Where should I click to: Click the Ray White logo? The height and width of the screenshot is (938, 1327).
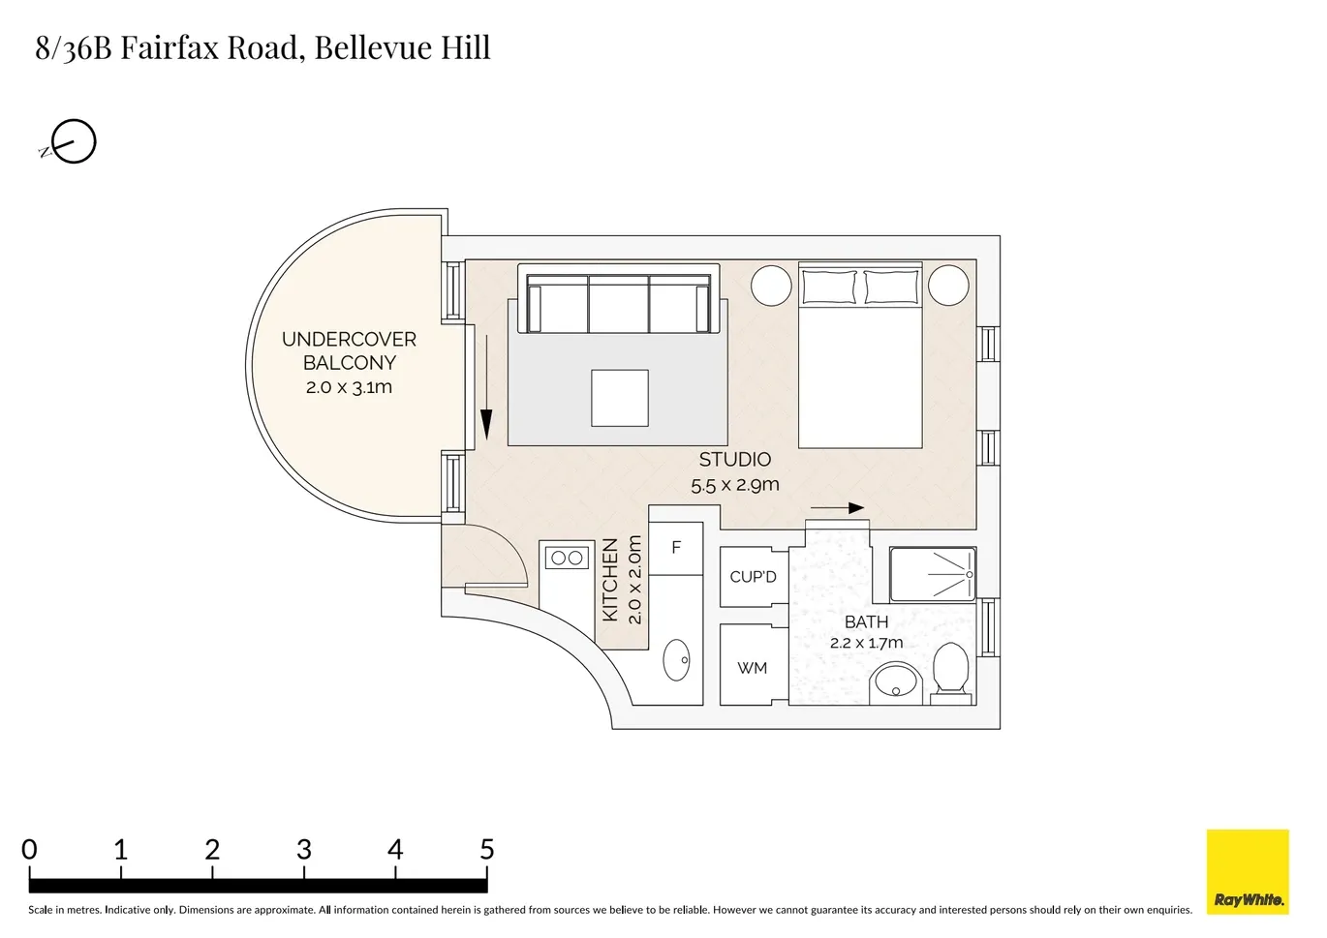[x=1248, y=871]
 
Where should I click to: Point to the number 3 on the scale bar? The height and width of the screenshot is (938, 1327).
[x=304, y=850]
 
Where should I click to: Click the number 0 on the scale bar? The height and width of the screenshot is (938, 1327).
[x=29, y=850]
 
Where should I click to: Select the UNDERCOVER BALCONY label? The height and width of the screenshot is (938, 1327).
[x=349, y=350]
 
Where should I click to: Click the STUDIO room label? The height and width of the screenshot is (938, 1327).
[x=734, y=459]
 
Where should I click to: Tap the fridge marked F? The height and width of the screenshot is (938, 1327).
[x=676, y=548]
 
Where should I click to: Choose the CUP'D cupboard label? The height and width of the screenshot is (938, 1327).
[x=753, y=577]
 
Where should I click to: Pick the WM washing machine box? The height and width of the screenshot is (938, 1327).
[x=754, y=664]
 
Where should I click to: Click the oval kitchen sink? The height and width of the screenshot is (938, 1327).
[x=676, y=659]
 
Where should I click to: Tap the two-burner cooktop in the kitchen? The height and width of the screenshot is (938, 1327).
[x=567, y=558]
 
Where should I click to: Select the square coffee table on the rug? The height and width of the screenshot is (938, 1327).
[x=620, y=398]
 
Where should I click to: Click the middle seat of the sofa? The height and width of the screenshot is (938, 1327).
[x=619, y=304]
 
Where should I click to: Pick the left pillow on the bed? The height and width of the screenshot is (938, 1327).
[x=829, y=287]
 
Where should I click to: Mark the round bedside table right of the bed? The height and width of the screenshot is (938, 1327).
[x=948, y=286]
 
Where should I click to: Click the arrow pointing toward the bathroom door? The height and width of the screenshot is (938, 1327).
[x=837, y=508]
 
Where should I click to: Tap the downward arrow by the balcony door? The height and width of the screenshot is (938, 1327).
[x=486, y=387]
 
